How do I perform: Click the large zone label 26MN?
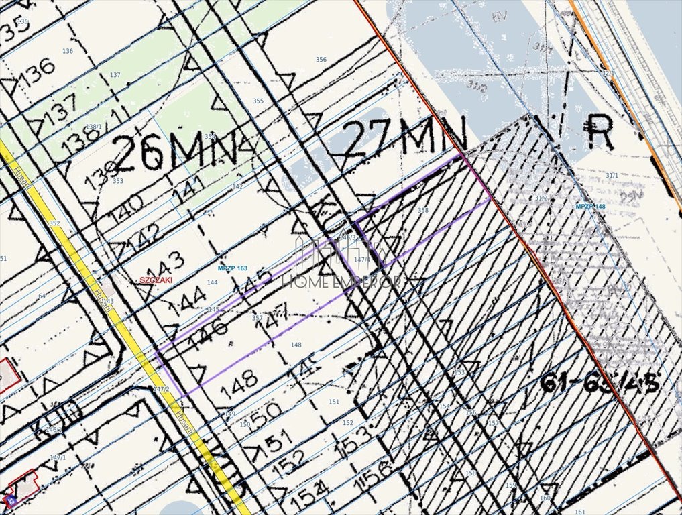coord(176,153)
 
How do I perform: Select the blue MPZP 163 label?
coord(233,268)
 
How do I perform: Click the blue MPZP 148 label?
coord(591,206)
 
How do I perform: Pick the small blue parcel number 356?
coord(321,60)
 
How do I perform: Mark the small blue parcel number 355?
coord(258,101)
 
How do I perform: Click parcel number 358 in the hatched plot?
coord(422,211)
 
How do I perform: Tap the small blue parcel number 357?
coord(257,318)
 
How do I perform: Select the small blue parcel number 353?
coord(118,181)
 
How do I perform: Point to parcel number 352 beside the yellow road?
coord(55,223)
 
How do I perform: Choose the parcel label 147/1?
coord(58,458)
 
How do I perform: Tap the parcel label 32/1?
coord(608,73)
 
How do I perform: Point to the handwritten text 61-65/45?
coord(600,383)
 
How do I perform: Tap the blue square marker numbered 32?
coord(10,499)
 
